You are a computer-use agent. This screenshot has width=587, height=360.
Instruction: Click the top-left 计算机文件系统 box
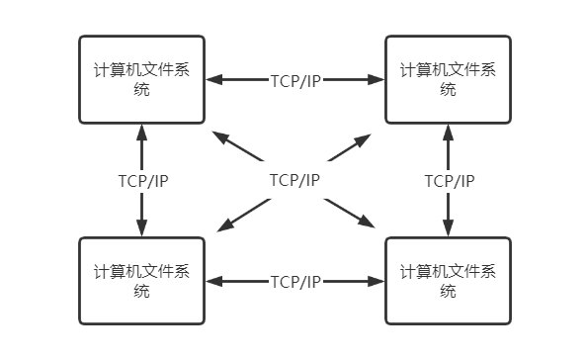141,79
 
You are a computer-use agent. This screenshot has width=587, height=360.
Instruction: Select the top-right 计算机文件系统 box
448,79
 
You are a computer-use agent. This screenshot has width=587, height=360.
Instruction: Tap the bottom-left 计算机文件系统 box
141,281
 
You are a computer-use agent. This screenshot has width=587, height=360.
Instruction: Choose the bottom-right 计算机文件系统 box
448,281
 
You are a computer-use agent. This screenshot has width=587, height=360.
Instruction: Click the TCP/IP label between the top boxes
294,80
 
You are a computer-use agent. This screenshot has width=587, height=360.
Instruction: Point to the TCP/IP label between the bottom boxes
294,282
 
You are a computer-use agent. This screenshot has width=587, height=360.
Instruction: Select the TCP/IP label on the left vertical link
142,181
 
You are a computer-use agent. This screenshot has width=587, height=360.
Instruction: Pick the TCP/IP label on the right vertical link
449,181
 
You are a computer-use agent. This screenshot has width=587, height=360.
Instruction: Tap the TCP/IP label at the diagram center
294,180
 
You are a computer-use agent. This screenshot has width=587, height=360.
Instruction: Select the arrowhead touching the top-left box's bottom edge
142,132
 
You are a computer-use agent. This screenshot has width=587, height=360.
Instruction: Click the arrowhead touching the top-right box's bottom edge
449,132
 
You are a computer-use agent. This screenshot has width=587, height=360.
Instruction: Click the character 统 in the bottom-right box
448,291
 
